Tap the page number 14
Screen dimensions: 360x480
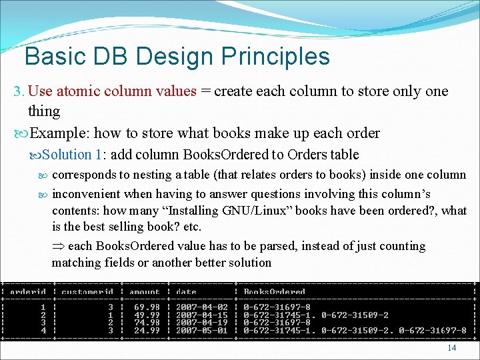452,348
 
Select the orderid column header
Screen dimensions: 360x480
28,292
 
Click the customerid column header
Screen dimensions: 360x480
87,292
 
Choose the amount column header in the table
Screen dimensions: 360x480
145,292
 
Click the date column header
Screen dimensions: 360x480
187,292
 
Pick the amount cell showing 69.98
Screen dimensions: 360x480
148,307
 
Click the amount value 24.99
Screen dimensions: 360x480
148,330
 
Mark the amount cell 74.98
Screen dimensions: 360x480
148,322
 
